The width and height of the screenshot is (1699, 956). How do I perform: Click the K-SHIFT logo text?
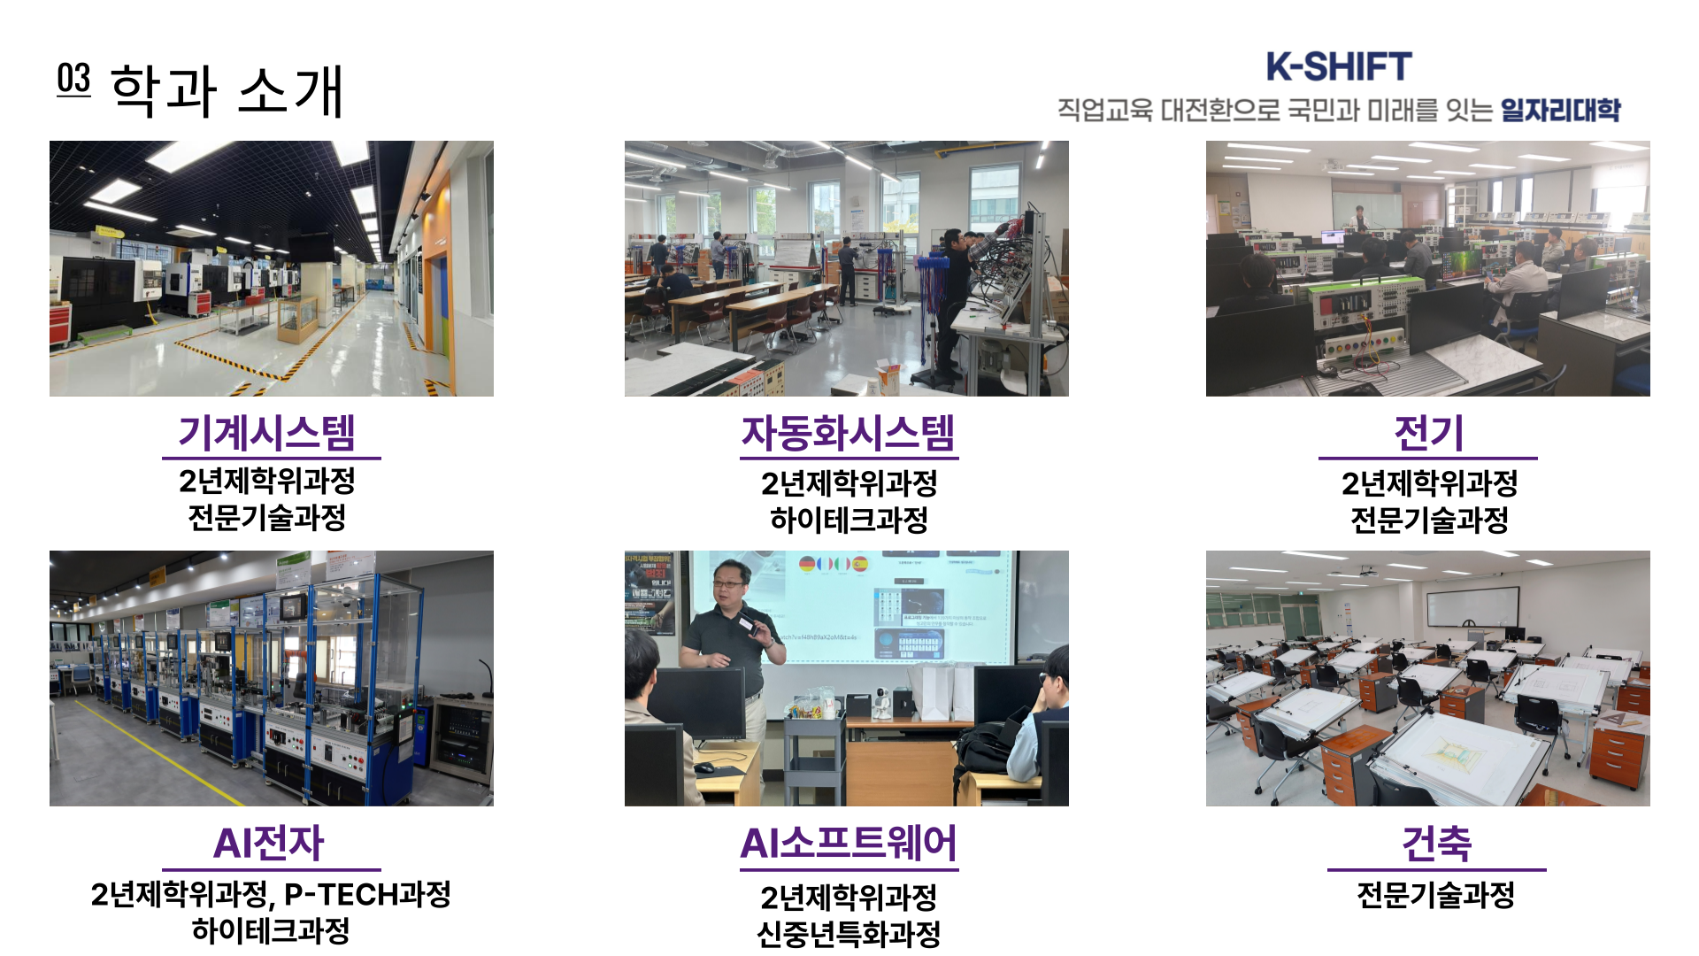point(1338,66)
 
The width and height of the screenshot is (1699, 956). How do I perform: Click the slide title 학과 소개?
point(227,90)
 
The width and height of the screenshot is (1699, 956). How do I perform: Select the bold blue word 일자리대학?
point(1560,110)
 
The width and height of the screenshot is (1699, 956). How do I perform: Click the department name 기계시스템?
point(267,433)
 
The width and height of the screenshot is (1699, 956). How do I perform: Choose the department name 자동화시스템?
point(849,433)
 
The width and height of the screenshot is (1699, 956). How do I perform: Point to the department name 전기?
point(1428,433)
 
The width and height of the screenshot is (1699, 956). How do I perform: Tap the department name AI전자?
point(269,843)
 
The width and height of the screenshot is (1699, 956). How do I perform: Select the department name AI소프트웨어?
point(849,843)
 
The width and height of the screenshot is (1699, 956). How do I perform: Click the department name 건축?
point(1437,843)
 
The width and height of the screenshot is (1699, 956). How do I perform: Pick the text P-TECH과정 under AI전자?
point(368,894)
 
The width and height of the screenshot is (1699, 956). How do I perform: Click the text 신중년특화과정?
point(849,934)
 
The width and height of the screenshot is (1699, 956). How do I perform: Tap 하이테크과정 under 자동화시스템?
point(849,520)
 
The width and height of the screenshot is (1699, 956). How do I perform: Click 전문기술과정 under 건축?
point(1436,895)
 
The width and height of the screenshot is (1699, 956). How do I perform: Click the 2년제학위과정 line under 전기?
point(1429,483)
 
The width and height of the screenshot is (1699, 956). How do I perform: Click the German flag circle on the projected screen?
point(806,563)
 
